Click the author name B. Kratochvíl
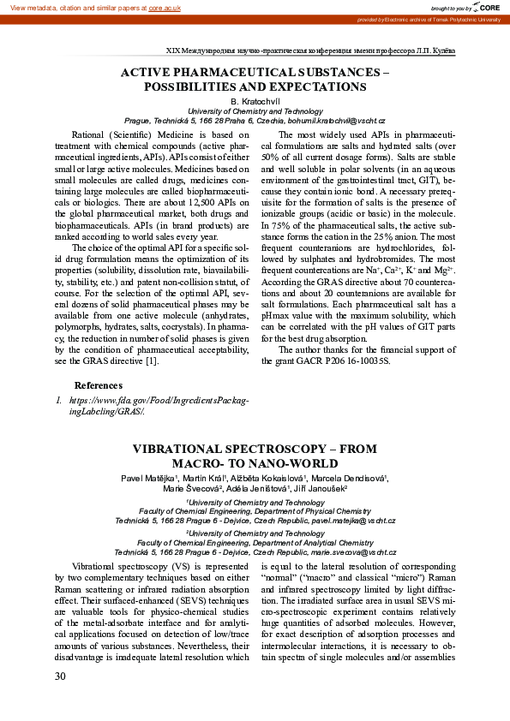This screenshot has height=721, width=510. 255,101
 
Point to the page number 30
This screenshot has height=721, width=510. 60,676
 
